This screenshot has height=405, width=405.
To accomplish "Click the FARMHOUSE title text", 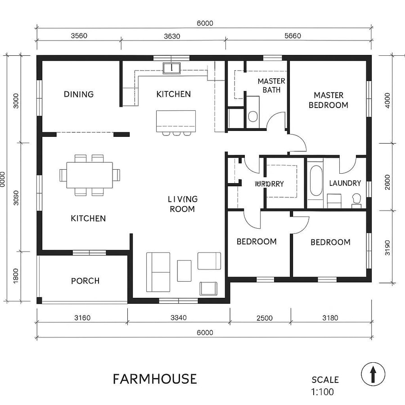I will click(154, 378).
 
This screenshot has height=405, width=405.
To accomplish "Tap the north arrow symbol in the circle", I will click(373, 374).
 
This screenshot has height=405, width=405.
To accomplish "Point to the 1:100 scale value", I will click(322, 391).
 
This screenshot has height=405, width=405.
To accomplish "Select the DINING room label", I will click(79, 94).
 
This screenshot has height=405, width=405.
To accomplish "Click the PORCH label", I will click(85, 281).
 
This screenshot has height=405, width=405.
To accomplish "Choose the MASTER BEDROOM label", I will click(331, 100).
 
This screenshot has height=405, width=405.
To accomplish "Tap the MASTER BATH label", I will click(271, 85).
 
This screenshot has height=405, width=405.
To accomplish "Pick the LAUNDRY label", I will click(345, 183).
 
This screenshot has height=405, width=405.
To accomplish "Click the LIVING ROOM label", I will click(182, 204).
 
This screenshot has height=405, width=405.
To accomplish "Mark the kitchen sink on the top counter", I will click(171, 68).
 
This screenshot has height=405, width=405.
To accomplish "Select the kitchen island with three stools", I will click(176, 121).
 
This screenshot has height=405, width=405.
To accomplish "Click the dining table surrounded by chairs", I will click(90, 175).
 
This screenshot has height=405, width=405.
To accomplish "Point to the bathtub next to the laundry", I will click(316, 181).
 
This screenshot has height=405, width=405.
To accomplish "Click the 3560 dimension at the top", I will click(79, 36).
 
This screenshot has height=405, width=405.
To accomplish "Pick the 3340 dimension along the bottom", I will click(179, 318).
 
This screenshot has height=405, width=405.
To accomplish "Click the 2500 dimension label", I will click(265, 318).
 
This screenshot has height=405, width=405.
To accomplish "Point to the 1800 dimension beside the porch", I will click(16, 275).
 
